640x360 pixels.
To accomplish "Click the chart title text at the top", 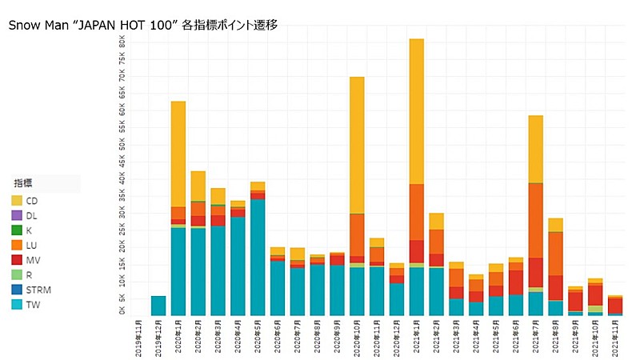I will [143, 25].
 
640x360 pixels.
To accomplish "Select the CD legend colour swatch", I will [17, 200].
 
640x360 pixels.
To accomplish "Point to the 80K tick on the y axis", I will [122, 41].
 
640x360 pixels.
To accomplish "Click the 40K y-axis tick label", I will [122, 178].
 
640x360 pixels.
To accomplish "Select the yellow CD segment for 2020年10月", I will [357, 144].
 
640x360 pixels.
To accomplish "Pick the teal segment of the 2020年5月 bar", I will [258, 256].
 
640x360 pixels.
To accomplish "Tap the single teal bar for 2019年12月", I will [158, 306].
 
